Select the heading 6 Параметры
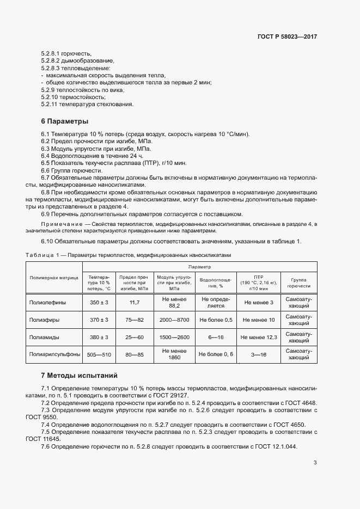pos(65,121)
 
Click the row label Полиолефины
pos(47,302)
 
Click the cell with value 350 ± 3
pos(99,302)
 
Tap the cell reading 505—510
pos(99,354)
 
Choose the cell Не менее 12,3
pos(259,337)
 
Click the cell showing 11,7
pos(135,302)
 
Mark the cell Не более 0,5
pos(215,320)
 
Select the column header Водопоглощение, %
pos(215,282)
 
